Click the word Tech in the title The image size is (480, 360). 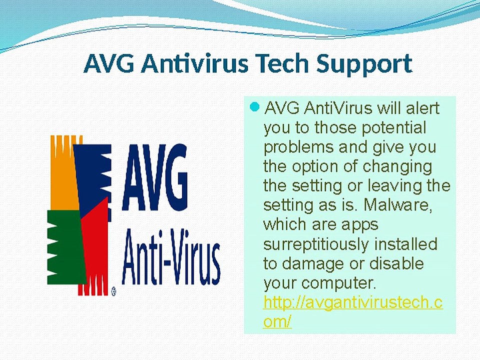(x=283, y=63)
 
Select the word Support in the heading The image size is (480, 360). (x=364, y=65)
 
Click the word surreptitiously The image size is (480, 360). (x=316, y=245)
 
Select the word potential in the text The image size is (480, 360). (x=393, y=128)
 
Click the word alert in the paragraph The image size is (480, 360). (x=423, y=108)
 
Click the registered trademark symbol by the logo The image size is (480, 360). (x=114, y=291)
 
